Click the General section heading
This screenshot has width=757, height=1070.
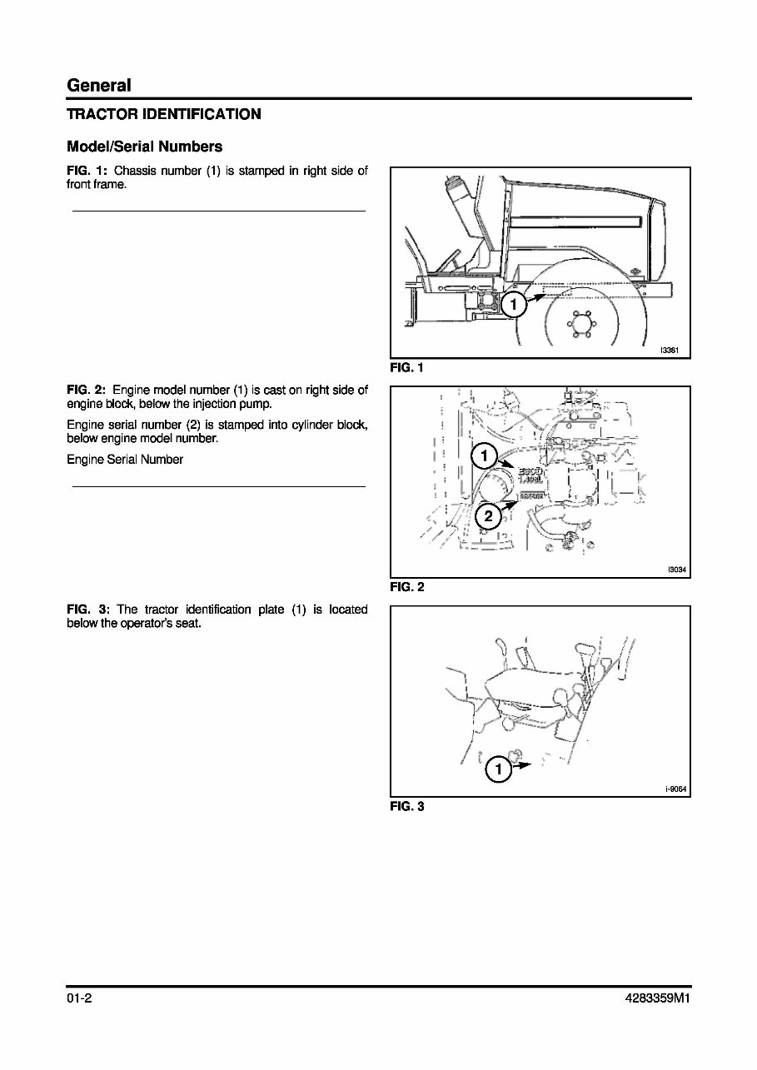point(98,85)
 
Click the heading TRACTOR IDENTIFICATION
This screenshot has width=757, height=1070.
point(163,114)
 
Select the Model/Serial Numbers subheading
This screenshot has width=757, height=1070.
point(144,147)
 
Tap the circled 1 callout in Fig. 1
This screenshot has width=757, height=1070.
point(514,305)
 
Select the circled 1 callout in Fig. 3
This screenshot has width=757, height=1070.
point(498,769)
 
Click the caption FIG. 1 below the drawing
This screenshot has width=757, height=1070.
point(406,367)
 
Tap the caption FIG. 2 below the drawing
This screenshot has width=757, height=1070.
point(406,587)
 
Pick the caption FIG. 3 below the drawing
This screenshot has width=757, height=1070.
point(406,806)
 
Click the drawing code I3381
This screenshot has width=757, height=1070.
point(670,351)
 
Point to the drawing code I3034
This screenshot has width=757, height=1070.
point(675,570)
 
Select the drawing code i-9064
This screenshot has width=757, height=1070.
point(675,789)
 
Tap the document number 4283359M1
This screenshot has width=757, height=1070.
point(655,999)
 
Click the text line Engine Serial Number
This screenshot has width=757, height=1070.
point(125,460)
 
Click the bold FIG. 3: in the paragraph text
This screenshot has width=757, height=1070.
point(88,610)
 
